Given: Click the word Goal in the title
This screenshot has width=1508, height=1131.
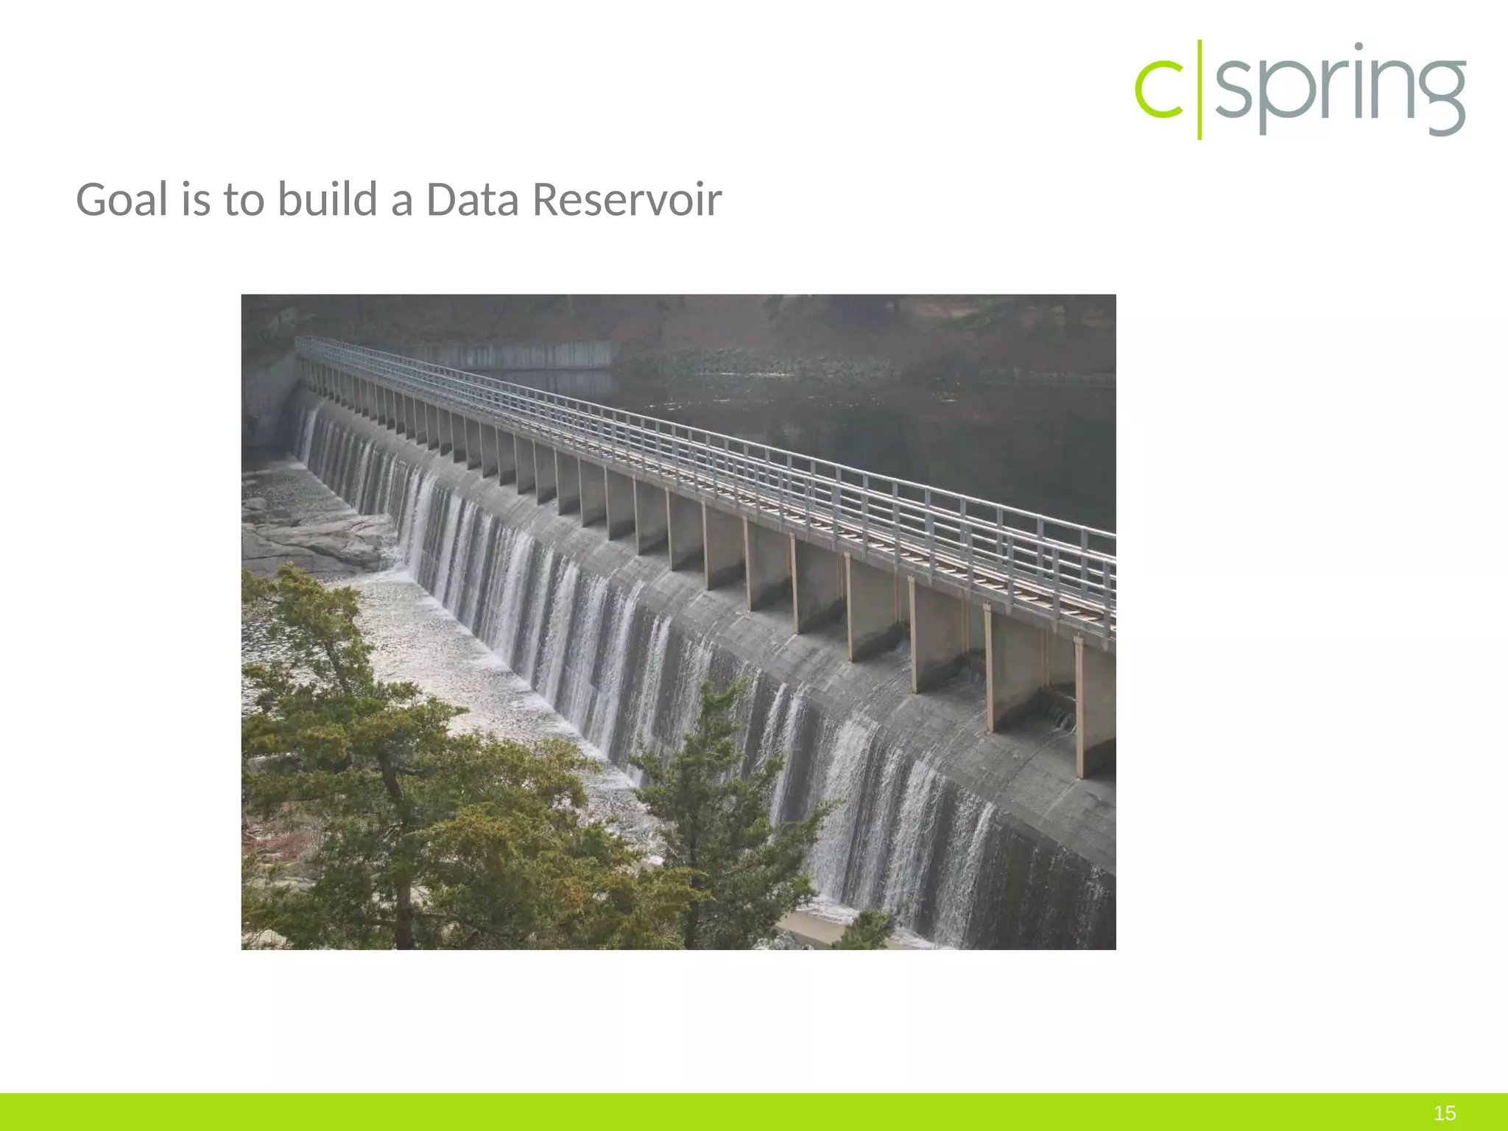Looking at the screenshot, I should pyautogui.click(x=122, y=200).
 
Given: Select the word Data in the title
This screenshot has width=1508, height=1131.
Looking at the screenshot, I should pyautogui.click(x=473, y=200).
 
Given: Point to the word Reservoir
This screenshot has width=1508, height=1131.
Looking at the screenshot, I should pyautogui.click(x=627, y=200).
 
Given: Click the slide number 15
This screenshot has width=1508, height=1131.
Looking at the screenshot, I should pyautogui.click(x=1445, y=1113).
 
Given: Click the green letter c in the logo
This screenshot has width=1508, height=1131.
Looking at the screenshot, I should pyautogui.click(x=1159, y=90).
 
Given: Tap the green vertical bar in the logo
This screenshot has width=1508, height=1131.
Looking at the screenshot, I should pyautogui.click(x=1199, y=89).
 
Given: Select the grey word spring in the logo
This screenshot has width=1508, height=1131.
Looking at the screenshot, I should pyautogui.click(x=1340, y=90).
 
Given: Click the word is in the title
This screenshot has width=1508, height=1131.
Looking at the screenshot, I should pyautogui.click(x=196, y=200).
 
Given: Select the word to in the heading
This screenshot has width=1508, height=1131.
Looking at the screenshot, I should pyautogui.click(x=244, y=200).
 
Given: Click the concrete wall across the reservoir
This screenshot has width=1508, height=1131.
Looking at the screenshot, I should pyautogui.click(x=515, y=355).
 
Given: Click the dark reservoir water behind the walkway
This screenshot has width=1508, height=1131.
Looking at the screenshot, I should pyautogui.click(x=920, y=427).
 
